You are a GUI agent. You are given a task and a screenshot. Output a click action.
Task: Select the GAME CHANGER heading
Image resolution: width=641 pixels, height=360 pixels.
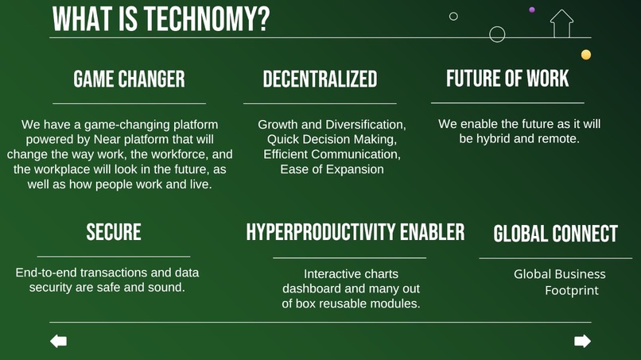pyautogui.click(x=129, y=79)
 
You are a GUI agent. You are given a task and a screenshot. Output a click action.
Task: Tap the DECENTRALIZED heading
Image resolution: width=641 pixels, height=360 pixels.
pyautogui.click(x=320, y=79)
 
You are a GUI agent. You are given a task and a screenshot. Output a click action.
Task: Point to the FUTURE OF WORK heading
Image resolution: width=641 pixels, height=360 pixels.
pyautogui.click(x=507, y=78)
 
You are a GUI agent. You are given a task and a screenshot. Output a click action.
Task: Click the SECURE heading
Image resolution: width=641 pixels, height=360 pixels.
pyautogui.click(x=114, y=232)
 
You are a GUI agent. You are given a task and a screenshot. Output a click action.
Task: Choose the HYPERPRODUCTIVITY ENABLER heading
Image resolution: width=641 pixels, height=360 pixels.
pyautogui.click(x=355, y=232)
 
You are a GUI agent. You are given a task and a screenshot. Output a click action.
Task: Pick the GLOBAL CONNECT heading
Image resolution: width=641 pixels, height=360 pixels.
pyautogui.click(x=555, y=234)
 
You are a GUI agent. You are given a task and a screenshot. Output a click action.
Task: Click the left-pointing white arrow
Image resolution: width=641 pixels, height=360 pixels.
pyautogui.click(x=58, y=341)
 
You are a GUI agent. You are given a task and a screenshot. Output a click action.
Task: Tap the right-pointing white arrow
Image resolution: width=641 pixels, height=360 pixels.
pyautogui.click(x=582, y=341)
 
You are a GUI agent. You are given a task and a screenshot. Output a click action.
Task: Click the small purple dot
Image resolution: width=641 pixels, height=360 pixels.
pyautogui.click(x=532, y=10)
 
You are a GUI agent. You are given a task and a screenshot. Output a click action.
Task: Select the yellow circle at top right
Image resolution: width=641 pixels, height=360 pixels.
pyautogui.click(x=586, y=55)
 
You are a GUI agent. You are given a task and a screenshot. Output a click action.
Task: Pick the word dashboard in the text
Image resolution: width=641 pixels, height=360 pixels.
pyautogui.click(x=313, y=288)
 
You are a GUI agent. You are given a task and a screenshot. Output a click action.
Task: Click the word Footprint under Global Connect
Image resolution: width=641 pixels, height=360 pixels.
pyautogui.click(x=571, y=291)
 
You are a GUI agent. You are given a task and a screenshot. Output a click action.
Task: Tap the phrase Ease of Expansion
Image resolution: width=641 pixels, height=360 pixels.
pyautogui.click(x=332, y=169)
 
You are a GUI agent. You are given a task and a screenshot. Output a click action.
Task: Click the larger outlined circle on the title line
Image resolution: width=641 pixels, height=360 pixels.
pyautogui.click(x=497, y=34)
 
